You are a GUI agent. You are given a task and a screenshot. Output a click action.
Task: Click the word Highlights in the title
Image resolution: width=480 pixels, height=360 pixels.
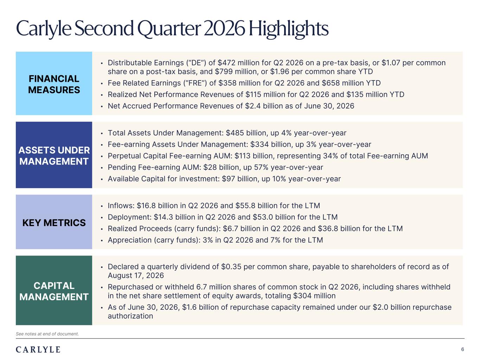[288, 29]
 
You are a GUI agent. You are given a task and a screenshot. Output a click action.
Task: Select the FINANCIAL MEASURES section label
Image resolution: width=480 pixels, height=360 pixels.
[54, 84]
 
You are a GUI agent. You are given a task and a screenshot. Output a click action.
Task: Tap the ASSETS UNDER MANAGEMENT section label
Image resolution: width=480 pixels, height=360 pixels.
[54, 156]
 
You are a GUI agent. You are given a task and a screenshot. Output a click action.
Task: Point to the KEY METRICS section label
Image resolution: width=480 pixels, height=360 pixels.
[54, 223]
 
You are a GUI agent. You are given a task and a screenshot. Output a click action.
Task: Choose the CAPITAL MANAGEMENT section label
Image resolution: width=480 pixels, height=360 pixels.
[54, 291]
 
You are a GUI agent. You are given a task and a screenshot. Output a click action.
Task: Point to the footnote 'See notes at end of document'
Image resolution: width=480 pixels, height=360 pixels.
[47, 334]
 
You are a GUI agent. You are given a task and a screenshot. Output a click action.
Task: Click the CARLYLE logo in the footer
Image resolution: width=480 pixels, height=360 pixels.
[38, 349]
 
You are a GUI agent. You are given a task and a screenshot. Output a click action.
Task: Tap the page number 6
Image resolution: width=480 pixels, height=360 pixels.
[462, 349]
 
